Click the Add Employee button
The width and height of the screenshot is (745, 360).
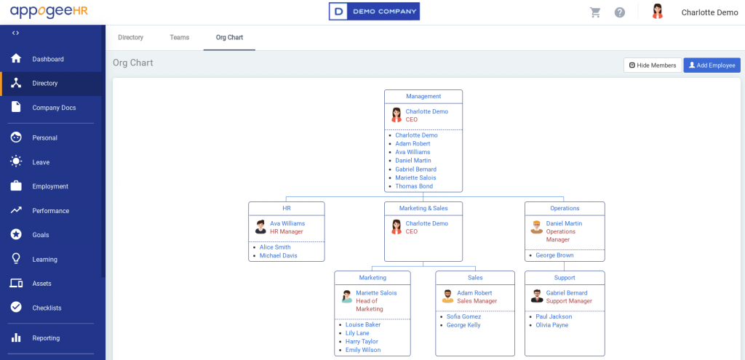[712, 65]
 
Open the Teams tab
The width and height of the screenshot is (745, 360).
[180, 38]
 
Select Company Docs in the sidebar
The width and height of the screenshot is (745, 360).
[54, 108]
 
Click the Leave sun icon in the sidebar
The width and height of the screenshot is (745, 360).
[16, 162]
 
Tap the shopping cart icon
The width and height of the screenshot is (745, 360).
[595, 12]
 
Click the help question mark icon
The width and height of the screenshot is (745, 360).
[620, 12]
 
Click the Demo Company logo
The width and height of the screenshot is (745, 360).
[375, 12]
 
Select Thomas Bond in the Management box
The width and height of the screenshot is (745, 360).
[414, 186]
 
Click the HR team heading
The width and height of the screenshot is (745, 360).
[287, 208]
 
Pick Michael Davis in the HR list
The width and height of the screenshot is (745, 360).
[279, 255]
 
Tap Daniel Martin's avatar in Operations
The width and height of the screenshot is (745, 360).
[536, 227]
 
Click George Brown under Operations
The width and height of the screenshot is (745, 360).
[554, 255]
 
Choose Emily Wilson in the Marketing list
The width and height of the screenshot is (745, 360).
[363, 350]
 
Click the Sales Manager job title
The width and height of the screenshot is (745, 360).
[477, 301]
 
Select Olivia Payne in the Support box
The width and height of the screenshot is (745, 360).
[552, 325]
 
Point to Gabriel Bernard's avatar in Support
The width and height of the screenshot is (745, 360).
[537, 296]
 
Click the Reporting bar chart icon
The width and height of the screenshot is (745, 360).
[16, 337]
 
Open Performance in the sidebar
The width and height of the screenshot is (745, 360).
[51, 211]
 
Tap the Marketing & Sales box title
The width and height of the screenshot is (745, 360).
[423, 208]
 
